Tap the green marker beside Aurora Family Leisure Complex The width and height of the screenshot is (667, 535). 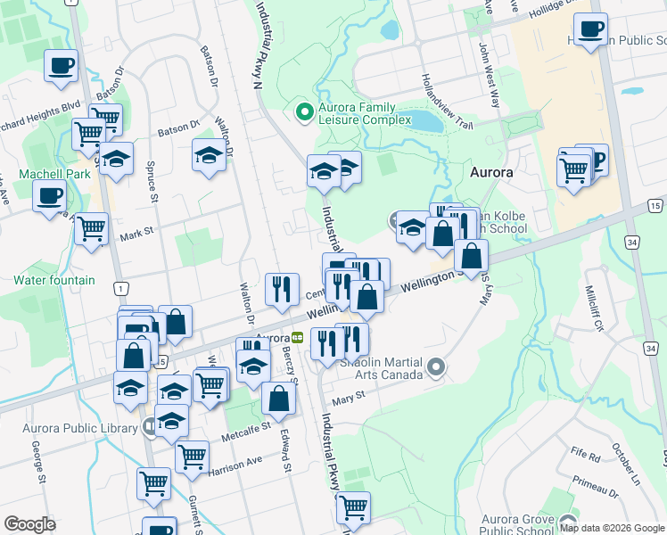pos(304,112)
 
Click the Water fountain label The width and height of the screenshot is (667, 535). pos(54,280)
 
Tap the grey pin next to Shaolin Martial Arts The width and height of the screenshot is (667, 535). pos(436,366)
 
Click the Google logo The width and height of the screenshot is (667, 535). pos(29,524)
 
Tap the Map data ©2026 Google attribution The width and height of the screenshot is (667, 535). pos(611,528)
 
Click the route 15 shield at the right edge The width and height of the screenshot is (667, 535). pos(655,206)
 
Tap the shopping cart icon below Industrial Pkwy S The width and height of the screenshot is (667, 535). pos(354,506)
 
